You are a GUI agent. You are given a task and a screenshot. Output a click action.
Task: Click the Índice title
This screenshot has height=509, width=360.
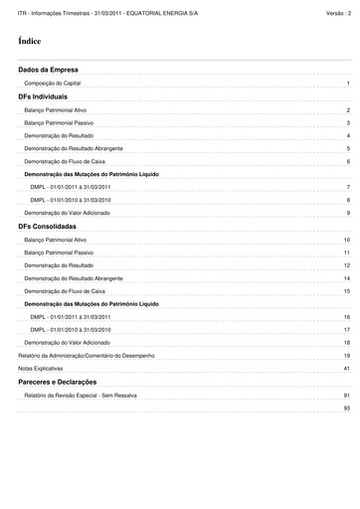(29, 42)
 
